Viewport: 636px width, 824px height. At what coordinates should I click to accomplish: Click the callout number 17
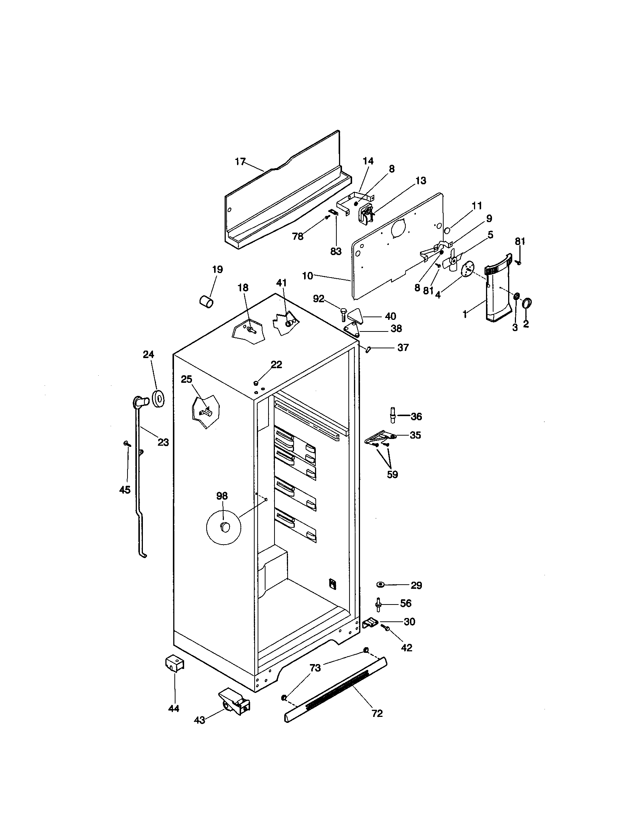click(x=240, y=162)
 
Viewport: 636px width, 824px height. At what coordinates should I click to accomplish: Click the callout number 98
click(x=222, y=496)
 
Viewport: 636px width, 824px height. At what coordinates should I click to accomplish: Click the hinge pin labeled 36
click(x=393, y=416)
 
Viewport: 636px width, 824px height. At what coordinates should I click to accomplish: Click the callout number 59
click(x=392, y=474)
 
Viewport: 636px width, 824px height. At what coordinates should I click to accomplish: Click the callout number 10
click(x=307, y=276)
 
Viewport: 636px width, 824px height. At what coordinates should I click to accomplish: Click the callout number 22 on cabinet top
click(x=276, y=364)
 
